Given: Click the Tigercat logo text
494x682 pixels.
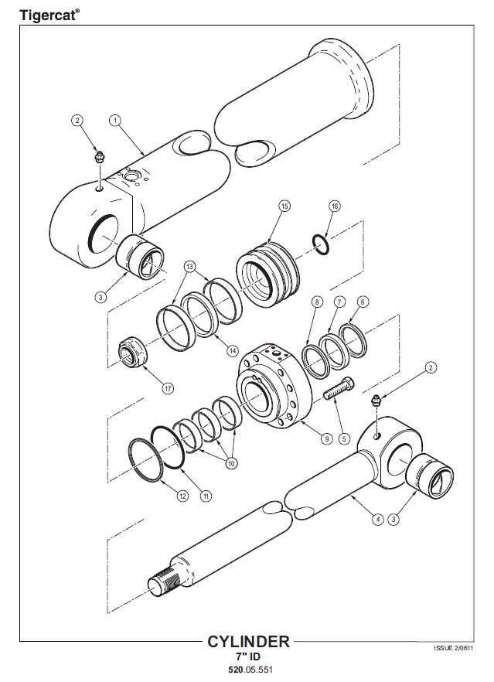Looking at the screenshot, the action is tap(49, 15).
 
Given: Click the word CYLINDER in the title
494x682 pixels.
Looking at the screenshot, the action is tap(248, 642).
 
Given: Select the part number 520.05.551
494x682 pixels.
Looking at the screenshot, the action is tap(250, 670).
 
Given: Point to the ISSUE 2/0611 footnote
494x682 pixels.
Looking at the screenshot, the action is tap(454, 648).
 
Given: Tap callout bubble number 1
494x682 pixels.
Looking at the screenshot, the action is tap(114, 120).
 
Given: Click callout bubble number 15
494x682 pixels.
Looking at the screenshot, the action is tap(284, 206).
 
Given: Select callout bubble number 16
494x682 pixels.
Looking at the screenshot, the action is tap(335, 206).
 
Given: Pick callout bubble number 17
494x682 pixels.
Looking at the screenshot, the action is tap(169, 388).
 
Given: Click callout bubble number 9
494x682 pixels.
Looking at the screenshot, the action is tap(327, 439).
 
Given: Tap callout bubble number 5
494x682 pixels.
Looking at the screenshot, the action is tap(343, 439).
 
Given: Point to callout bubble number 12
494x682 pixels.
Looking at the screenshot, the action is tap(183, 496).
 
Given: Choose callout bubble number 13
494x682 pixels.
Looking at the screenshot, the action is tap(189, 266).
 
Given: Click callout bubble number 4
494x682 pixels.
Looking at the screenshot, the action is tap(378, 519).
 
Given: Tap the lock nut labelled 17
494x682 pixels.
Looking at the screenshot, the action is tap(133, 352).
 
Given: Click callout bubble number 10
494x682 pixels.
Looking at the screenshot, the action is tap(232, 464).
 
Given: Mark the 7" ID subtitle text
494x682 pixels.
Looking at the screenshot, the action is tap(248, 656).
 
